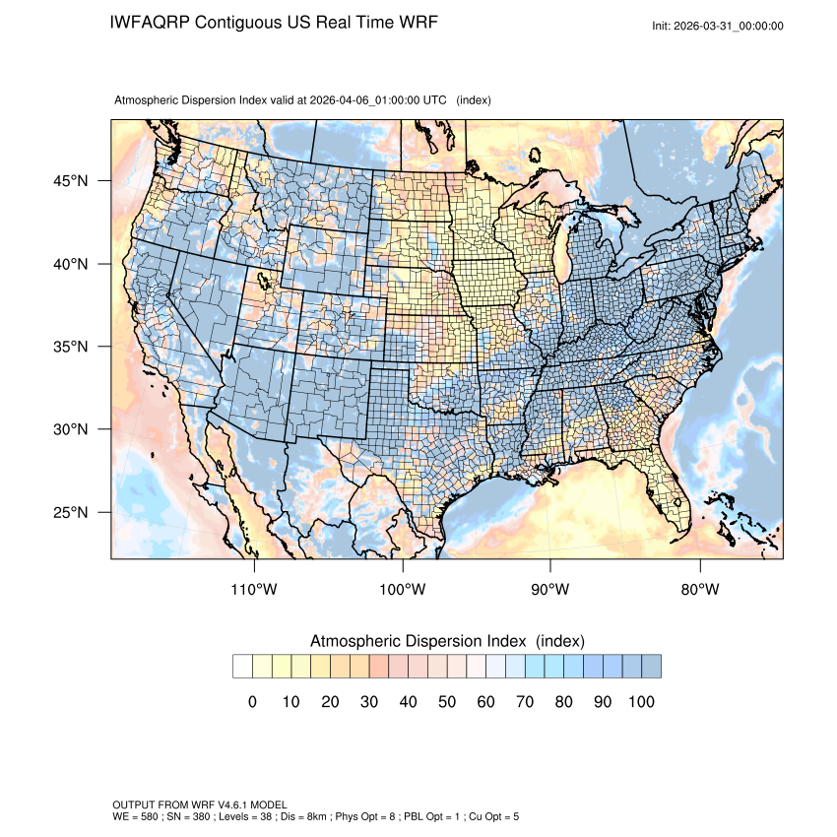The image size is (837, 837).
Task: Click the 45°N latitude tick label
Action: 70,181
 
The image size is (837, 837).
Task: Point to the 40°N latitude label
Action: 70,264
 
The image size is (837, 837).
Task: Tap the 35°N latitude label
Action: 70,347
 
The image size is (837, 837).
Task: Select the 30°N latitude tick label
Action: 70,429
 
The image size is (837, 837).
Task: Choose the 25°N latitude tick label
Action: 70,512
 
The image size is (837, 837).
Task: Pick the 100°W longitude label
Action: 403,590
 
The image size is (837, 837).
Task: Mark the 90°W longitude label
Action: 550,590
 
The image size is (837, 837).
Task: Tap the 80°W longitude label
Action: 699,590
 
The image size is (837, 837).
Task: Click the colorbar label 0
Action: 252,702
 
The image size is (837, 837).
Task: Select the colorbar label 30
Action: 369,702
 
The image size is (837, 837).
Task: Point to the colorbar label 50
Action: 447,702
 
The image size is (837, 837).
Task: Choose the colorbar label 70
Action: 525,702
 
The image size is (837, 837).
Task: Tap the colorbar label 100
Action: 640,702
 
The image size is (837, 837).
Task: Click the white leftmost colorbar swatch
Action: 242,667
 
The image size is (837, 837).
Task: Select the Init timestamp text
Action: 718,26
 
